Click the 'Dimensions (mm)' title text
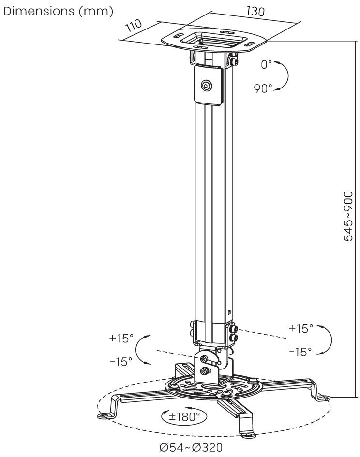pyautogui.click(x=58, y=11)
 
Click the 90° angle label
pyautogui.click(x=264, y=89)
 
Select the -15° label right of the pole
pyautogui.click(x=300, y=352)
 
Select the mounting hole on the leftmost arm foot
pyautogui.click(x=104, y=415)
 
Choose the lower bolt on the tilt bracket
pyautogui.click(x=206, y=371)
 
